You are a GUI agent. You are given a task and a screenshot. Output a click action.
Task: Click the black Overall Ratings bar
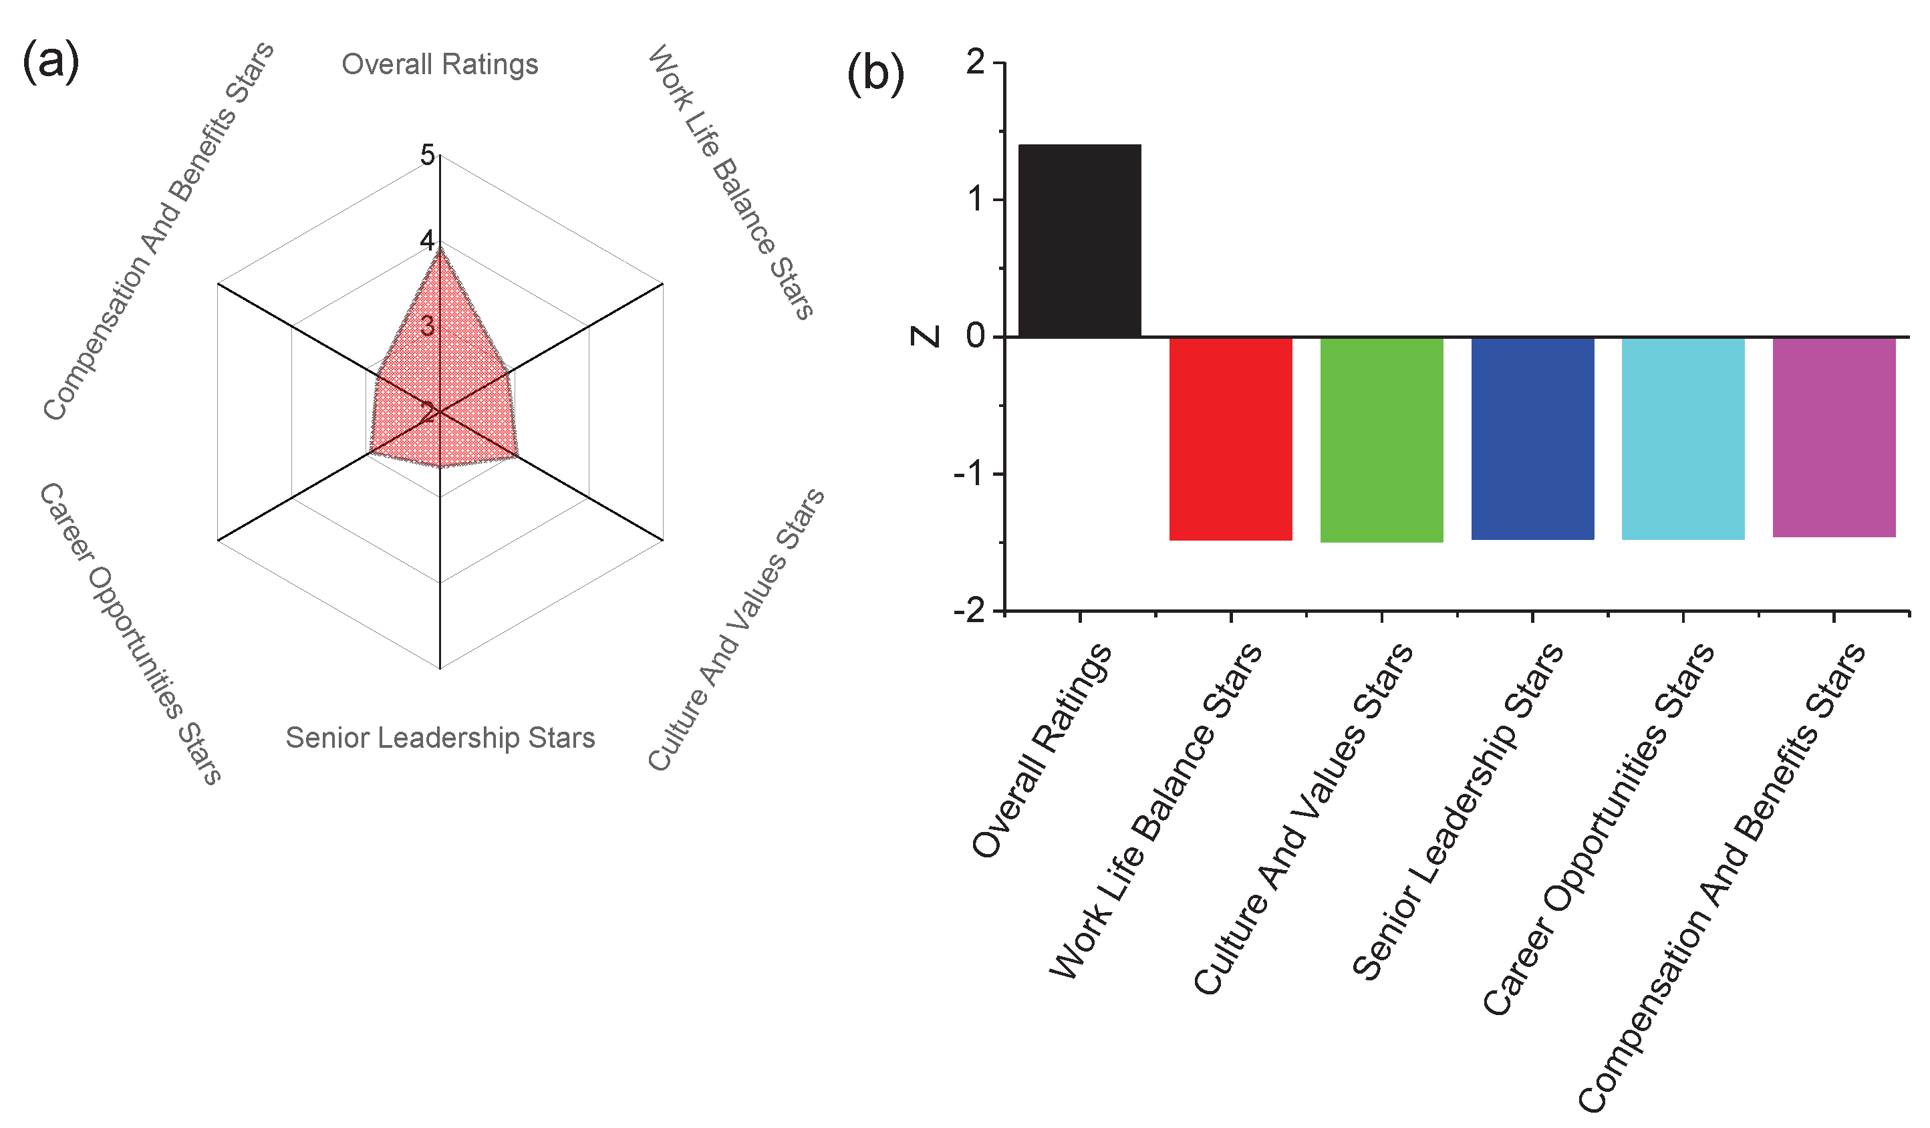click(x=1079, y=241)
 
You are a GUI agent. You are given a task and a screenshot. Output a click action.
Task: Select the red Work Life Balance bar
click(x=1230, y=439)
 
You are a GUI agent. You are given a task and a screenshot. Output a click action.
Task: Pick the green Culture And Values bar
click(x=1381, y=440)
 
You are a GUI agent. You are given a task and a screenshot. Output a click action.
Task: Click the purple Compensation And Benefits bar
click(x=1834, y=436)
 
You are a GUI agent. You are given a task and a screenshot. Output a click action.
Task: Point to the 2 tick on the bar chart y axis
click(x=975, y=63)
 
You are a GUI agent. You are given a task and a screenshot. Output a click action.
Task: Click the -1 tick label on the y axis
click(x=969, y=474)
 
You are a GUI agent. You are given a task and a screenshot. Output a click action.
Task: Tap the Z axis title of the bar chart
click(x=925, y=336)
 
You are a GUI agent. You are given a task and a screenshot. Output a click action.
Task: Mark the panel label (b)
click(x=875, y=75)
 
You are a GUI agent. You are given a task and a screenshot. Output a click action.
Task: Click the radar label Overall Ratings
click(x=440, y=64)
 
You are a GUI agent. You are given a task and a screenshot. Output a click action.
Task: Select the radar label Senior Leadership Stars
click(x=440, y=738)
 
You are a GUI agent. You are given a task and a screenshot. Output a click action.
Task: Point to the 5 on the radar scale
click(x=427, y=156)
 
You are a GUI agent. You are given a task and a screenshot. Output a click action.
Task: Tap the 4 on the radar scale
click(x=426, y=241)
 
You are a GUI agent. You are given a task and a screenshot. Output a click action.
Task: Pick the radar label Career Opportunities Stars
click(x=130, y=633)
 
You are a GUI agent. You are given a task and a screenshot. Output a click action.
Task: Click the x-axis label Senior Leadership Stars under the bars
click(x=1458, y=812)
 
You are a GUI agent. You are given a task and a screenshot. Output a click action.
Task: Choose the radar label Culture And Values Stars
click(x=736, y=629)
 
